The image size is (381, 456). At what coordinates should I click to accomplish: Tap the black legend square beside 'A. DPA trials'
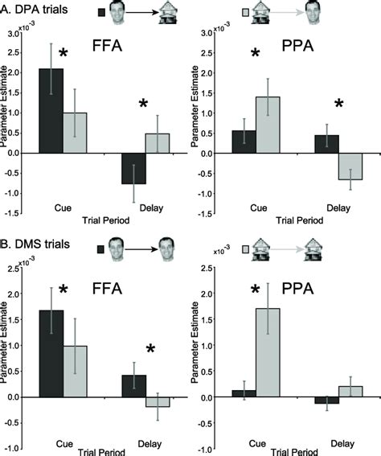(x=101, y=12)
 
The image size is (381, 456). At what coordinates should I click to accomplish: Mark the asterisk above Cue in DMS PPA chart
(x=255, y=290)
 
